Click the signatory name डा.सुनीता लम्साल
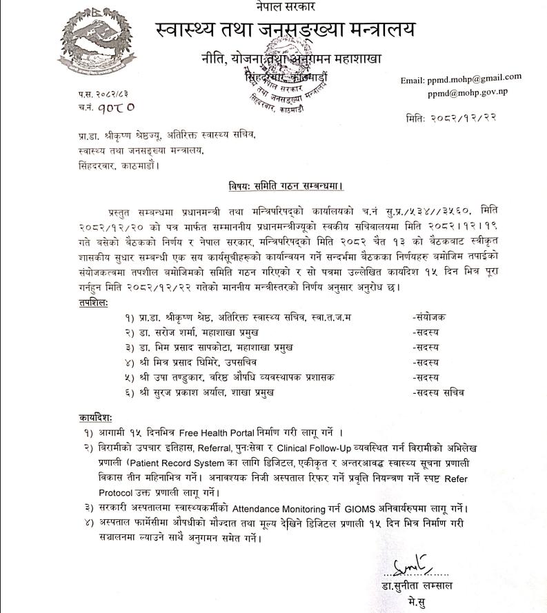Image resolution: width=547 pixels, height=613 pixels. click(421, 586)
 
